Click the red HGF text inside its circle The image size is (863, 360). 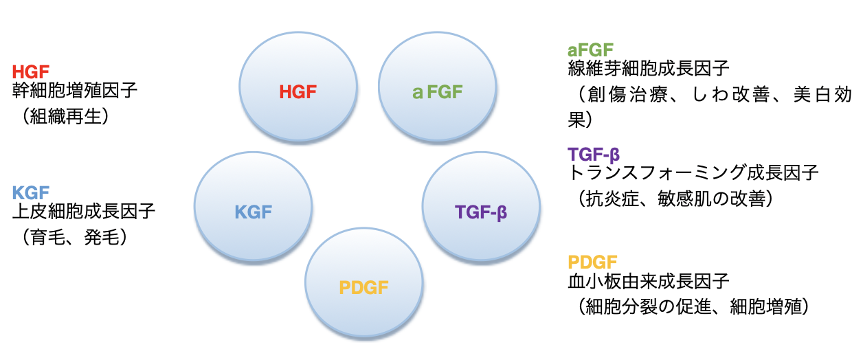pos(298,92)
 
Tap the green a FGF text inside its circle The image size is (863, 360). pos(437,92)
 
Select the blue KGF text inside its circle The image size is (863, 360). pos(254,212)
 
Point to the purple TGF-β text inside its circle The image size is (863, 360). pos(481,212)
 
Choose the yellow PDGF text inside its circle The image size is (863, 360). pos(363,288)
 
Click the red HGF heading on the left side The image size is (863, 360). pos(31,71)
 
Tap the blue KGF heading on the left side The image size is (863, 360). pos(31,192)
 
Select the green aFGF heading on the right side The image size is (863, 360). pos(590,50)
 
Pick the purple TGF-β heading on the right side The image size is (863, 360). pos(594,155)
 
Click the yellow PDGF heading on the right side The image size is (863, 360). pos(592,262)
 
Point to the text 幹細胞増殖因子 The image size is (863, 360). pos(75,91)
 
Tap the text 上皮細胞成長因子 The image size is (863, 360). pos(84,212)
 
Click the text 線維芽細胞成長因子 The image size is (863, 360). pos(649,69)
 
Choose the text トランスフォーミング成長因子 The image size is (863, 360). pos(693,173)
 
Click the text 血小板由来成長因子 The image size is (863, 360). pos(649,281)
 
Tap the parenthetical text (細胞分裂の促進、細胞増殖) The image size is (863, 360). pos(693,307)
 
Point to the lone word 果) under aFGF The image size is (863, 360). pos(580,120)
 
